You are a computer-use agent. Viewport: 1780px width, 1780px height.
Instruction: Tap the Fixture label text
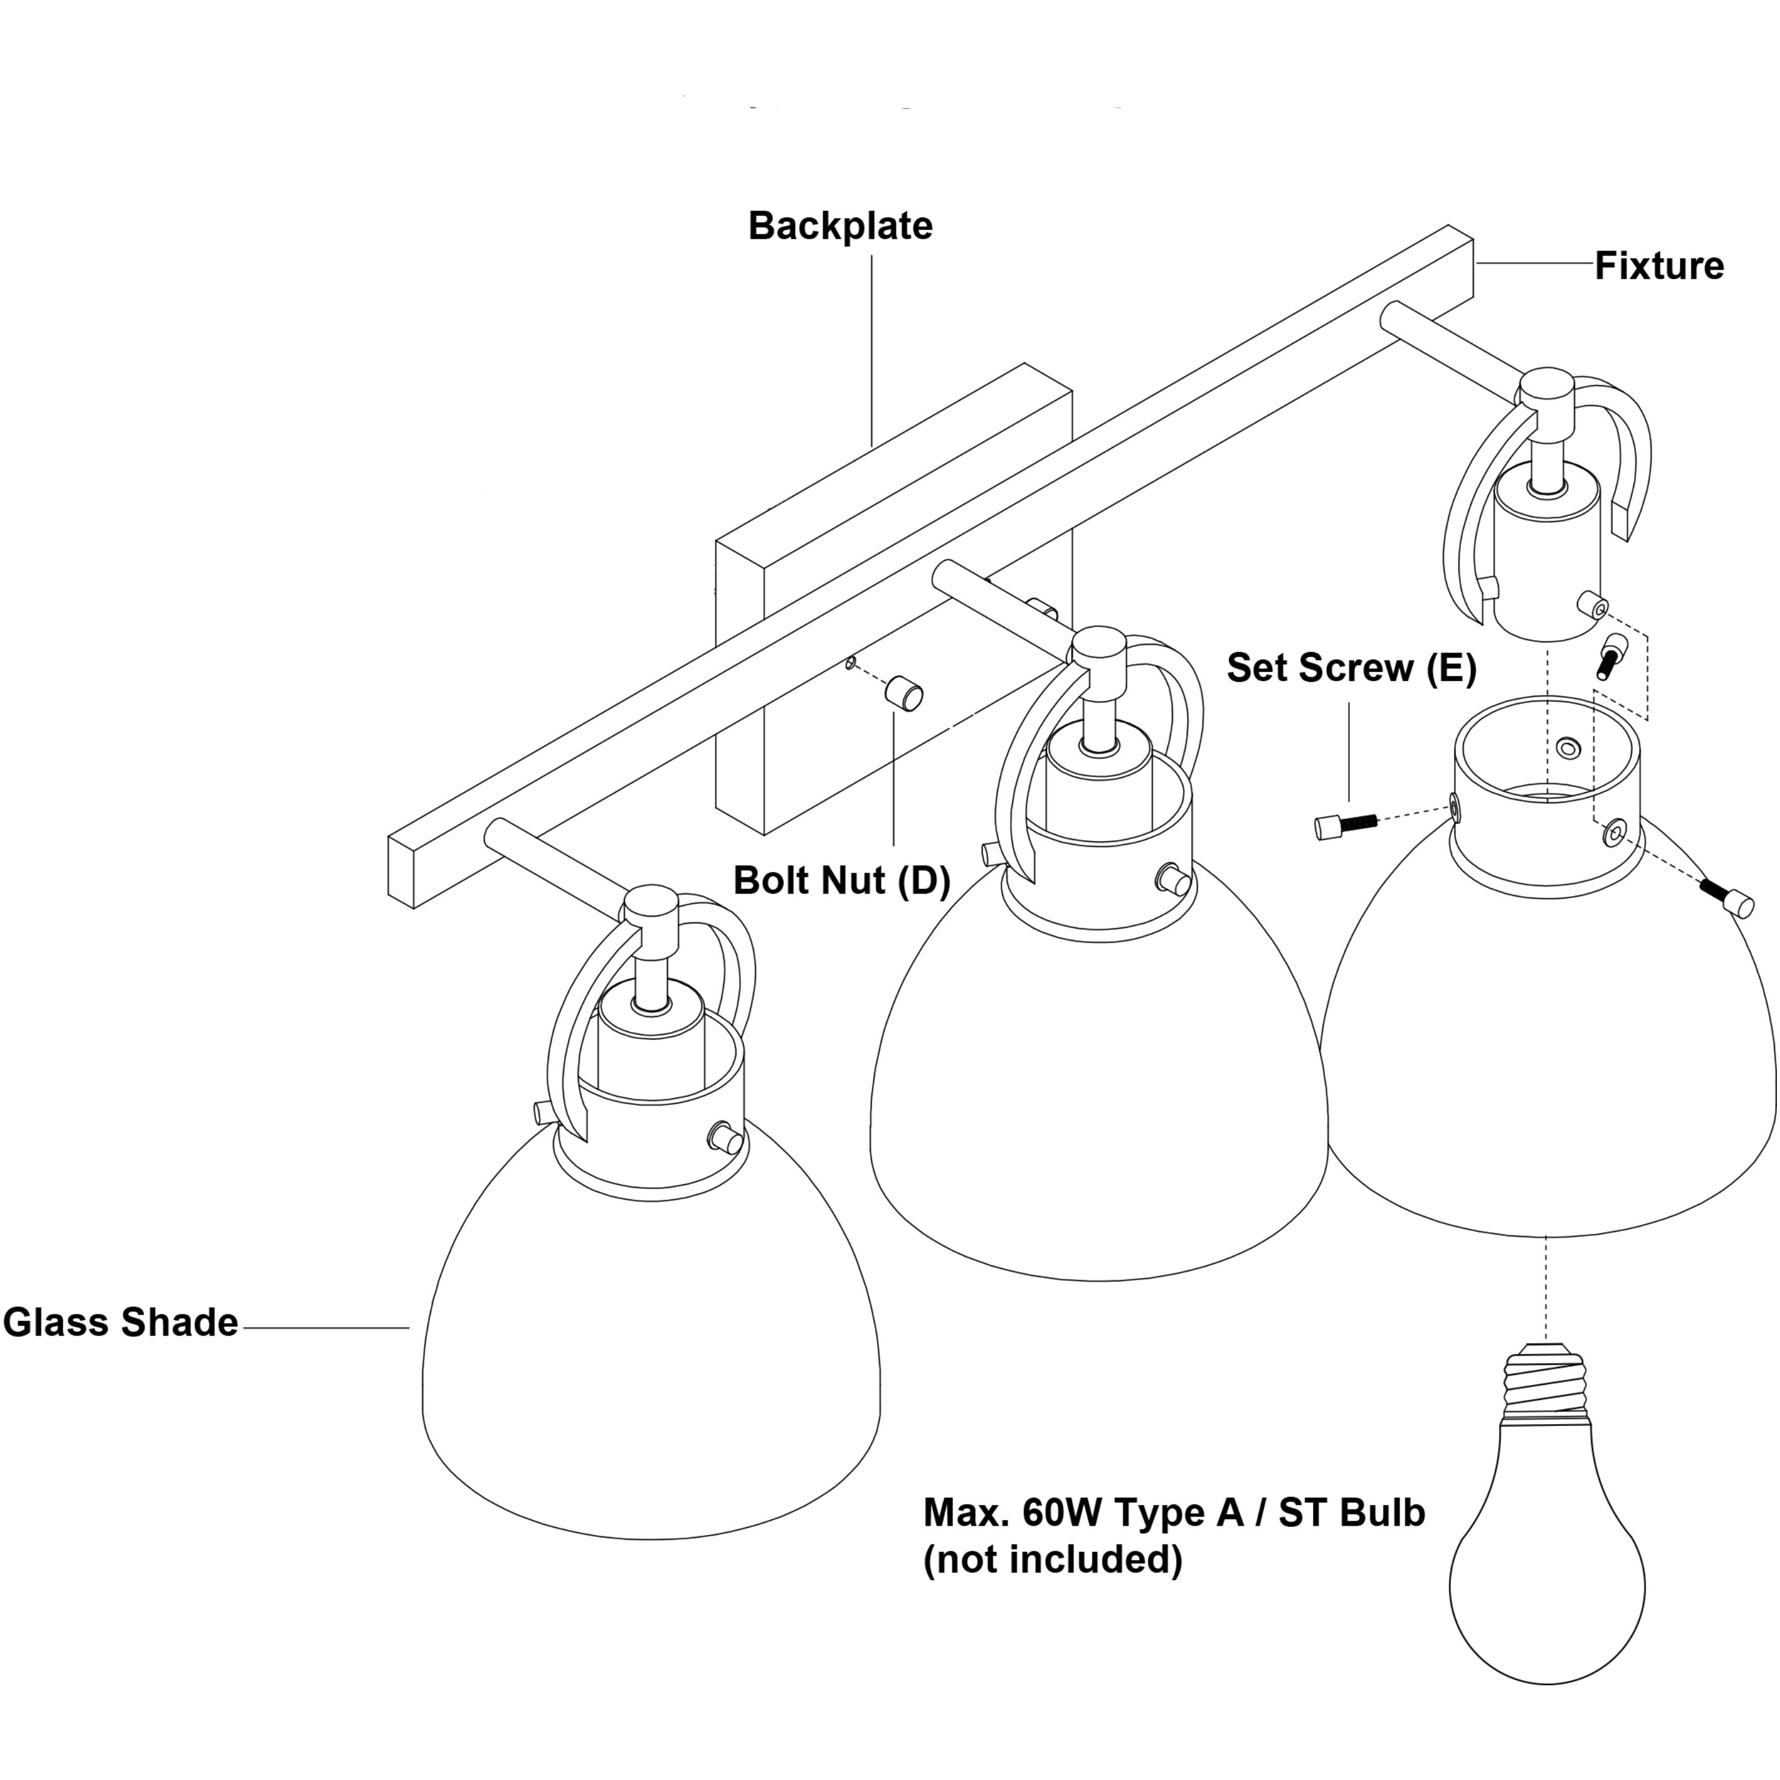tap(1659, 266)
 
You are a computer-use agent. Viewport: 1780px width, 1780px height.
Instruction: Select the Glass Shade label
tap(121, 1323)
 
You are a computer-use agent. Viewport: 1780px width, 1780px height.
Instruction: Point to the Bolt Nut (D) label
tap(841, 881)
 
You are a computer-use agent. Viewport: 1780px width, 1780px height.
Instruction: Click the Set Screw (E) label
tap(1352, 668)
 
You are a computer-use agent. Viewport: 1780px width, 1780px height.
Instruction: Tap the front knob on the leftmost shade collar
tap(728, 1138)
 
